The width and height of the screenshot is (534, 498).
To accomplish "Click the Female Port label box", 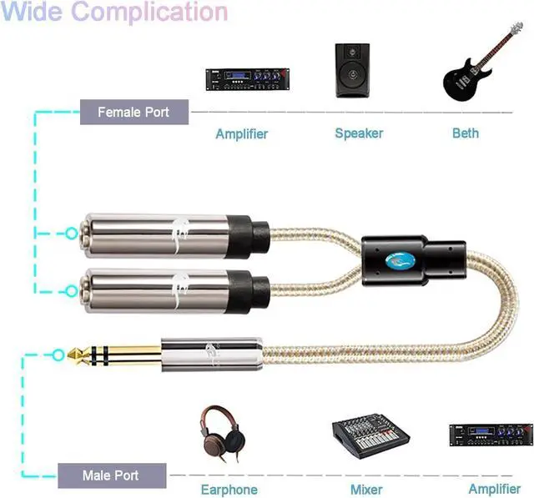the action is click(x=133, y=111).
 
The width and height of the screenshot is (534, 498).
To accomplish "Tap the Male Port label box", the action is click(x=112, y=476).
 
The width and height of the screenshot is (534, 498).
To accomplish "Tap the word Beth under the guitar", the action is click(x=466, y=133).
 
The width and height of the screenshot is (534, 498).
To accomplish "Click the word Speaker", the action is click(x=359, y=133).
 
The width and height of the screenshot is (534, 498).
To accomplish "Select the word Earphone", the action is click(x=229, y=490).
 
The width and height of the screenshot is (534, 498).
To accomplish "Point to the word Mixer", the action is click(x=367, y=490).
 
